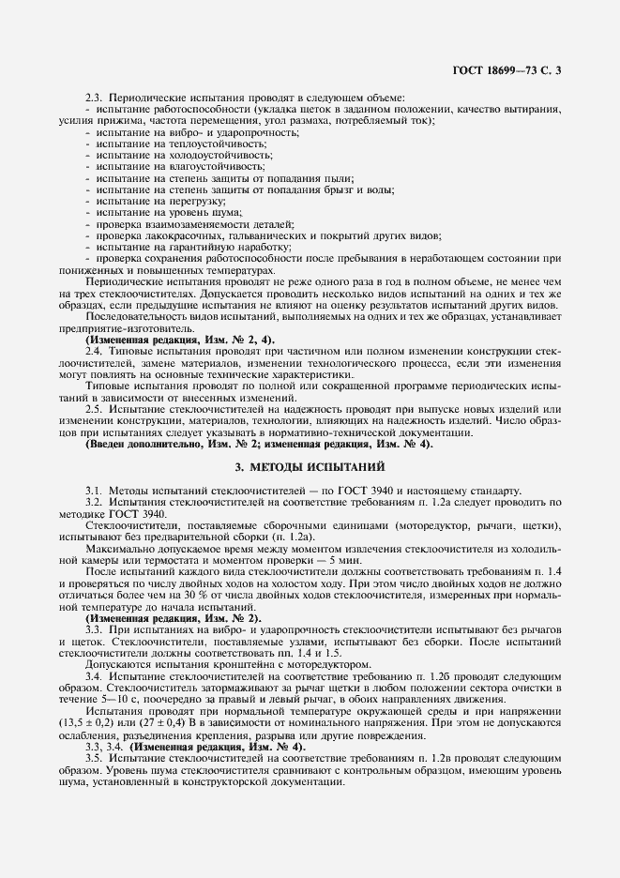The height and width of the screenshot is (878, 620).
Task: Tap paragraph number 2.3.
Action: pos(93,98)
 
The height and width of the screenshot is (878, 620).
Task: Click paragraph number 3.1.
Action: pos(93,491)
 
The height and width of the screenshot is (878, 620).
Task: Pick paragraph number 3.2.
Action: pos(93,503)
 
